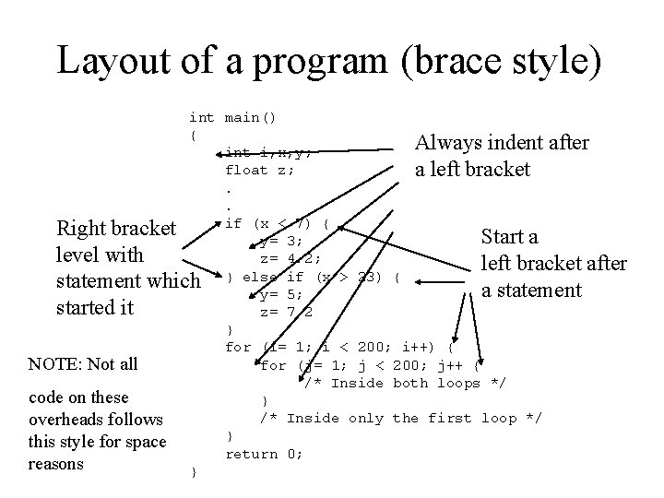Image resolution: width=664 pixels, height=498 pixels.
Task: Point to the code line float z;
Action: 260,170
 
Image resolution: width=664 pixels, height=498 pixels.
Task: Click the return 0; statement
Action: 265,454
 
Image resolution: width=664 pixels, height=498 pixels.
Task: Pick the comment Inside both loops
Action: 405,383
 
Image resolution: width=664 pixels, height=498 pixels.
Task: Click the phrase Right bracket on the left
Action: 116,227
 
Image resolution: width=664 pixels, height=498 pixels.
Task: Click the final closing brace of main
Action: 193,472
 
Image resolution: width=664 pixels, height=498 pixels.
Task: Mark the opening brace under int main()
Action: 193,136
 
